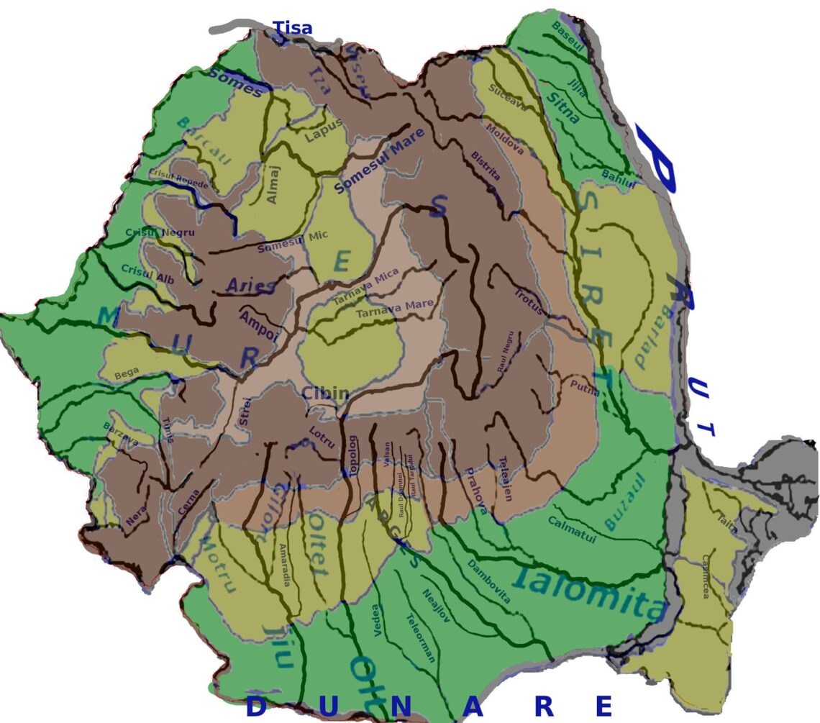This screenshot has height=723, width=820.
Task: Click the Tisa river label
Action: tap(293, 29)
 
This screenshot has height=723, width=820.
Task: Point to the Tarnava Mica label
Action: tap(366, 288)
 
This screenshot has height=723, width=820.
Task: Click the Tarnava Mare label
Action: tap(395, 309)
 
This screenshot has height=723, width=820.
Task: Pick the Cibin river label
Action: tap(325, 394)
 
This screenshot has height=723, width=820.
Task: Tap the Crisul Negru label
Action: tap(150, 232)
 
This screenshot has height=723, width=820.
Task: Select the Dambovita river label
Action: tap(488, 581)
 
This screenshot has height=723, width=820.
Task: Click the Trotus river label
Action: tap(529, 302)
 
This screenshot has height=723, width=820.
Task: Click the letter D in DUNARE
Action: tap(256, 706)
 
